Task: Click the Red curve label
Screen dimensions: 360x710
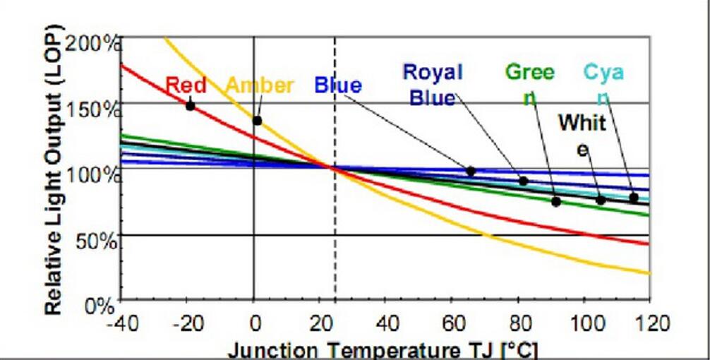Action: [186, 85]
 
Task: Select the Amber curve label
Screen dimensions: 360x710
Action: [259, 86]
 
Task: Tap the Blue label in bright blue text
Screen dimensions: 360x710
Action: [338, 86]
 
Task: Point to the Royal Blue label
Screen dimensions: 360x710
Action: [432, 84]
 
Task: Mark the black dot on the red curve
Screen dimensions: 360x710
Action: [190, 106]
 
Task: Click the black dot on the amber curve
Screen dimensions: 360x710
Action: [258, 121]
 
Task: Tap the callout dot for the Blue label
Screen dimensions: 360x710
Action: [471, 171]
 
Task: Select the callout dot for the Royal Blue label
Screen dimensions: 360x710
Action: [523, 181]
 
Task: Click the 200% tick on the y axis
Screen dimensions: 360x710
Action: [95, 42]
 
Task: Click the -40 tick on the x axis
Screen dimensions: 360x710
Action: [121, 325]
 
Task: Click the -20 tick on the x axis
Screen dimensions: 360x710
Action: [187, 325]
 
